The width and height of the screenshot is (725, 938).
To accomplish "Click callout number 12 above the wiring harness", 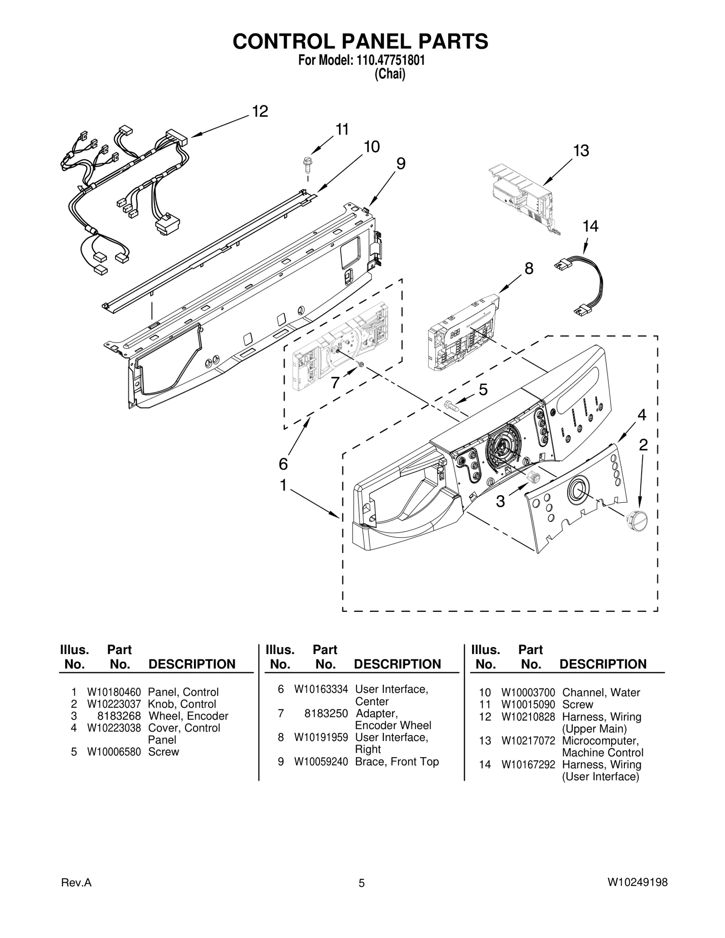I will tap(260, 111).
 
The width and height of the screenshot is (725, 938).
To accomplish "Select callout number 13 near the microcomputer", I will tap(581, 150).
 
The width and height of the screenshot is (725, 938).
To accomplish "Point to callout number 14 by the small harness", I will tap(590, 226).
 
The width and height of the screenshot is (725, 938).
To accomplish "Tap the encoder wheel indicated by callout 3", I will tap(532, 477).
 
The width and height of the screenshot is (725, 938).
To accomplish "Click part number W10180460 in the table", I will tap(114, 692).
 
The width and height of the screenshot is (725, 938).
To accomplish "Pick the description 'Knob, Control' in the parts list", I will tap(182, 704).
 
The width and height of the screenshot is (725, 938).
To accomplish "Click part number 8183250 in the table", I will tap(326, 713).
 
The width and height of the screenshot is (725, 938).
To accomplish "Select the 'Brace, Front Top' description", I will tap(396, 761).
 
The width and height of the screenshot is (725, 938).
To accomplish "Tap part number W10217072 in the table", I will tap(528, 741).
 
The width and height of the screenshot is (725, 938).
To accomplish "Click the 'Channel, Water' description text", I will tap(601, 693).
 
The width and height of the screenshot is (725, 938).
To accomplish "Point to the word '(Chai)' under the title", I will tap(390, 74).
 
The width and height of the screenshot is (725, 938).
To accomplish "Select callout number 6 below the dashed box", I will tap(283, 463).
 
